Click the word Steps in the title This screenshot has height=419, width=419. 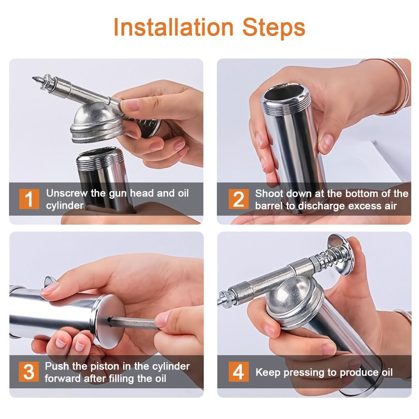click(x=274, y=27)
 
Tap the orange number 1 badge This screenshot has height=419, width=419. click(x=29, y=199)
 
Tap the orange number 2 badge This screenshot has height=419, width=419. click(x=239, y=199)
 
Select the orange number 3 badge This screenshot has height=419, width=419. click(x=29, y=372)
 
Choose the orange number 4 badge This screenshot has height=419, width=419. click(x=239, y=372)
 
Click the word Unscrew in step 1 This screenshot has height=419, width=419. click(x=66, y=193)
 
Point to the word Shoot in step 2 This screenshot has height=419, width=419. click(x=268, y=193)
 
